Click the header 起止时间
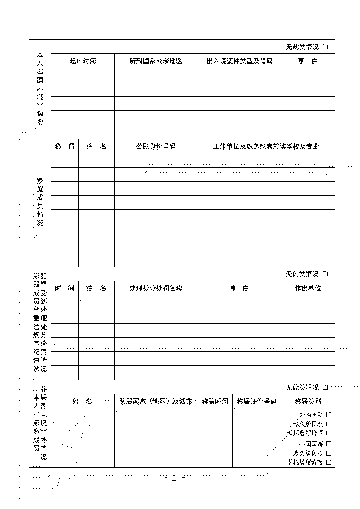click(83, 61)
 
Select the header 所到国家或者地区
click(156, 61)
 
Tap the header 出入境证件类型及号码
click(239, 61)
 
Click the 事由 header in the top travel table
click(308, 61)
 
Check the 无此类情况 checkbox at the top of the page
click(325, 47)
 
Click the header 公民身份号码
click(156, 146)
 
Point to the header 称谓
click(64, 146)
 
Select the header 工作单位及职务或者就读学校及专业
click(266, 146)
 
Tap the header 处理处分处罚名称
click(156, 288)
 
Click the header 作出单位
click(308, 288)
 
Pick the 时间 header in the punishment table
click(64, 288)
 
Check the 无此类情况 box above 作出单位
click(325, 274)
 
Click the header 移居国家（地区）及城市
click(156, 402)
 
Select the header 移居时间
click(215, 402)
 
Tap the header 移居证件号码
click(257, 402)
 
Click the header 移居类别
click(308, 402)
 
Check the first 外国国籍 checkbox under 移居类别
click(329, 414)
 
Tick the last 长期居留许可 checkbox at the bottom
click(329, 462)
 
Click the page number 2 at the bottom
click(174, 479)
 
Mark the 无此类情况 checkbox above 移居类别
click(325, 388)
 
